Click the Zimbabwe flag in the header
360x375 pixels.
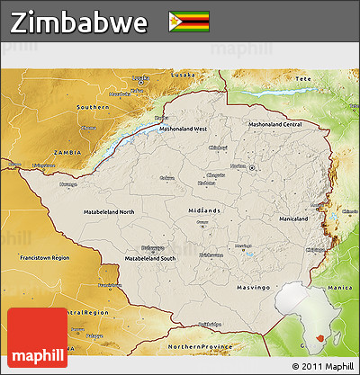[189, 22]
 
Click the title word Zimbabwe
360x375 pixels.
[80, 22]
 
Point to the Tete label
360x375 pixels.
[302, 79]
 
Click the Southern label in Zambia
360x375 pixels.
[93, 107]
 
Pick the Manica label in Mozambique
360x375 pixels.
[338, 262]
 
